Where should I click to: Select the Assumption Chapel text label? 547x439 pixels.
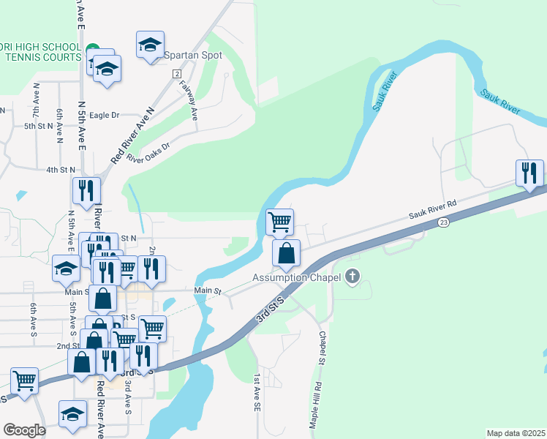point(298,277)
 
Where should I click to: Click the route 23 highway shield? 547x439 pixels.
point(443,222)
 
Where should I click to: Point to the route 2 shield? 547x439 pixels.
point(177,74)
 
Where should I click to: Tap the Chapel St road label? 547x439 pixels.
point(322,348)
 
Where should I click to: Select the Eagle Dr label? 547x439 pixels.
point(104,115)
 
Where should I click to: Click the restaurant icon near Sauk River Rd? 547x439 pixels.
point(530,173)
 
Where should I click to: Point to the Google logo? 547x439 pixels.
point(24,430)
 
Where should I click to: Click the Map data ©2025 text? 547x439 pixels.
point(515,433)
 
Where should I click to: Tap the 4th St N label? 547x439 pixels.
point(61,169)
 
